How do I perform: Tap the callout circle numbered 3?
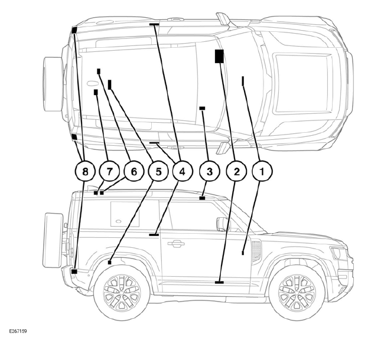coord(209,172)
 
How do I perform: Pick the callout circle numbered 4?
coord(182,172)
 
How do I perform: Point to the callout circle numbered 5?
coord(158,172)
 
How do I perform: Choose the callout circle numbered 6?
coord(134,172)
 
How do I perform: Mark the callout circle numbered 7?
coord(109,172)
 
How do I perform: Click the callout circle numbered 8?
coord(85,172)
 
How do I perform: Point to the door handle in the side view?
coord(175,243)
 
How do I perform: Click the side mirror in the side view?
coord(223,224)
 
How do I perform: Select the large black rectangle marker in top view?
coord(219,56)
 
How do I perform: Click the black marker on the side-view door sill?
coord(220,283)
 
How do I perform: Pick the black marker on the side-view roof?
coord(202,198)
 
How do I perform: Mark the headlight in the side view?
coord(338,253)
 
